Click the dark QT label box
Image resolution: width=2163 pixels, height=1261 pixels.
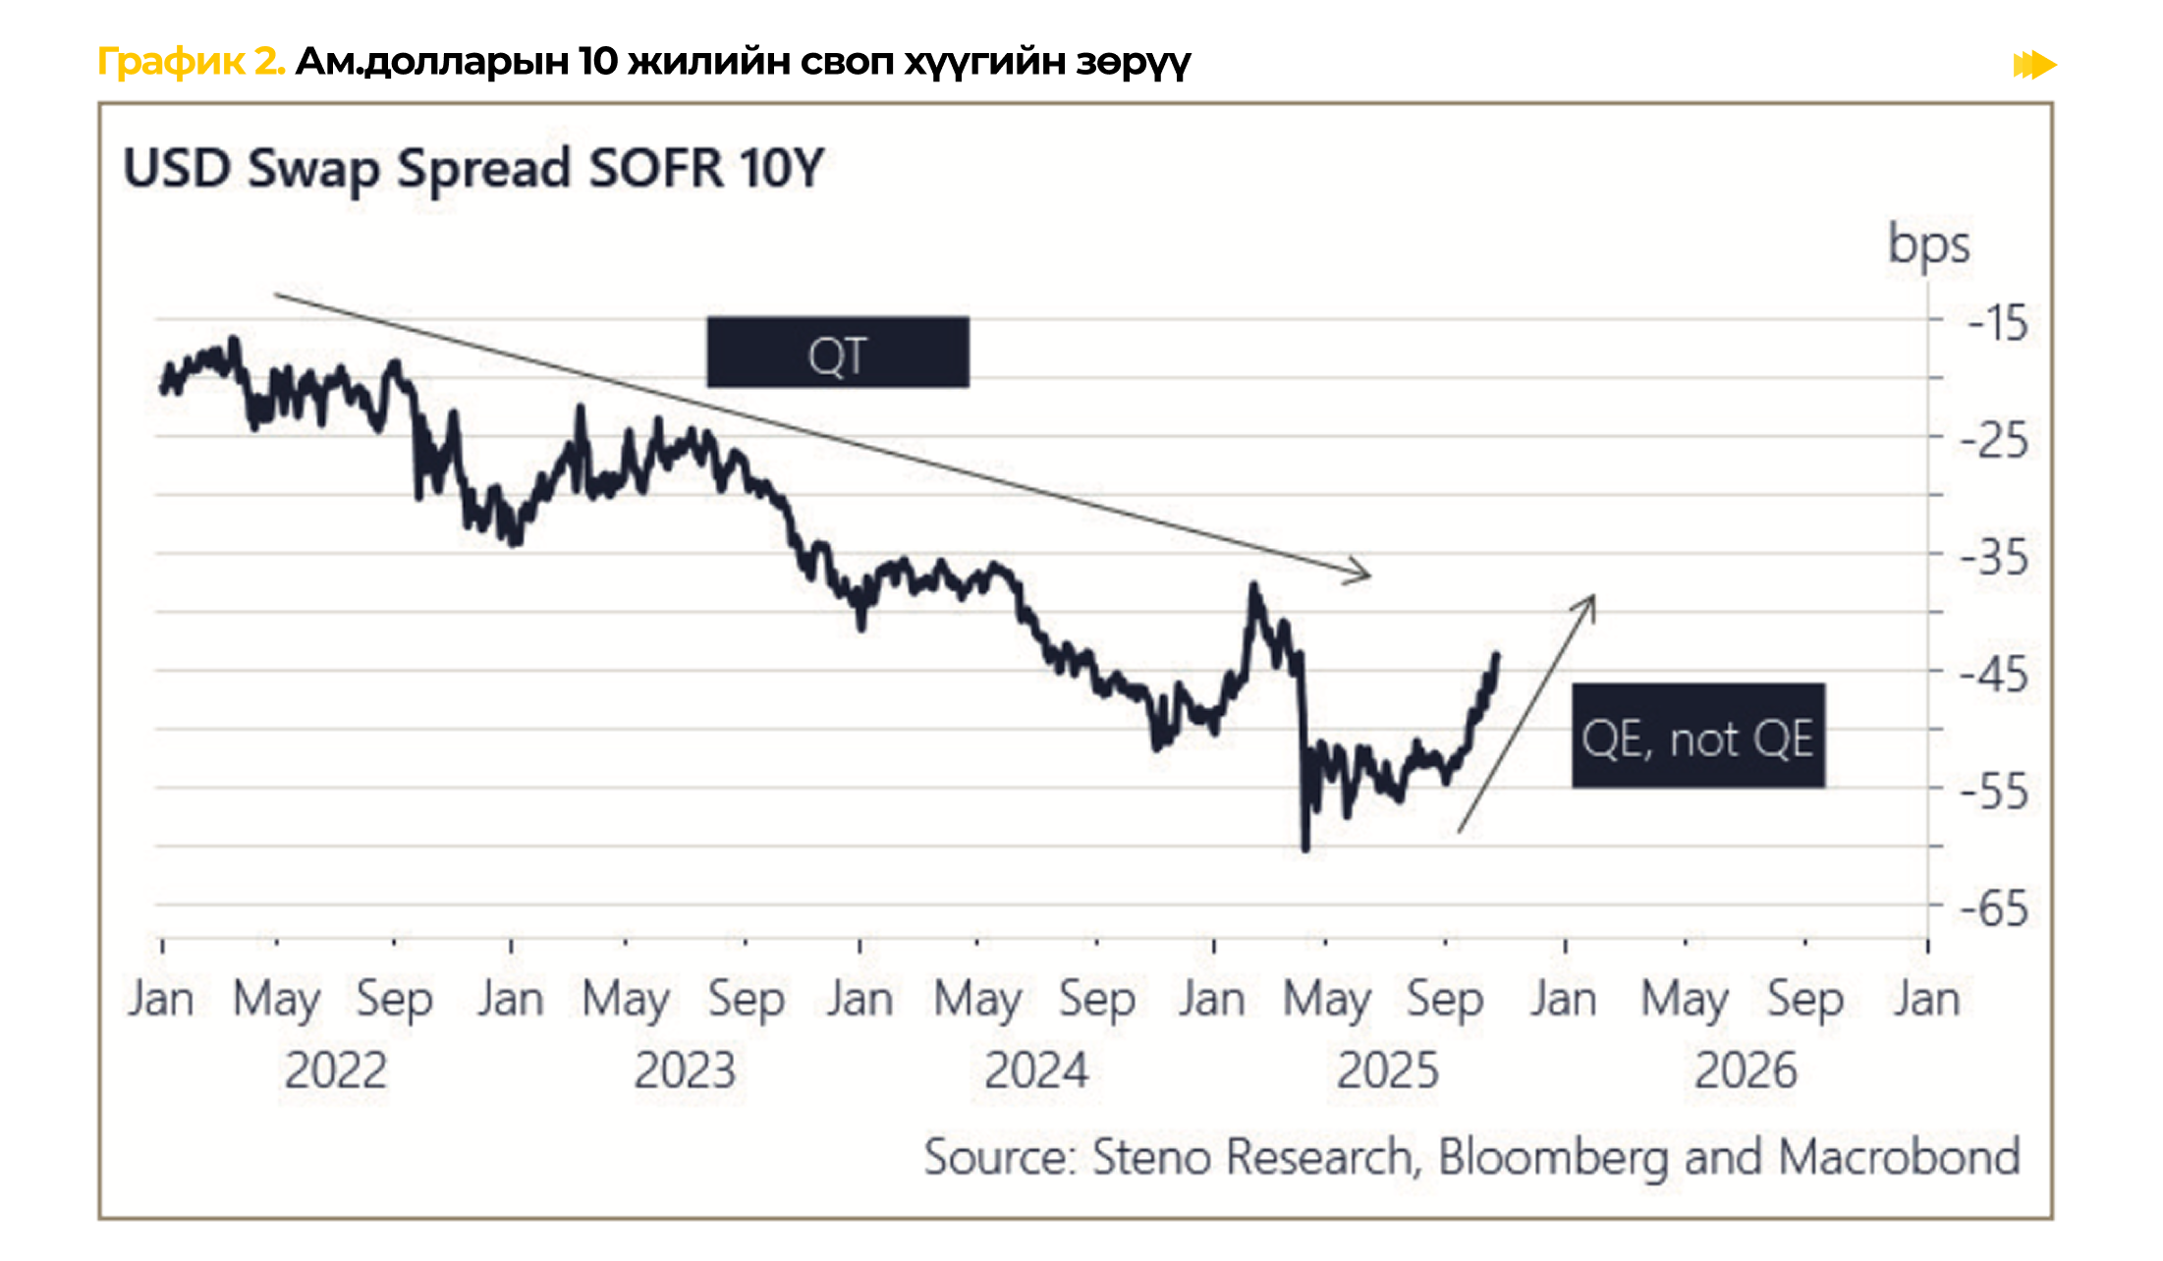coord(837,353)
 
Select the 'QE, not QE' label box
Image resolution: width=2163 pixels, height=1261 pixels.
coord(1697,736)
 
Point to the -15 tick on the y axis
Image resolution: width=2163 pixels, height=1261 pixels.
coord(1998,323)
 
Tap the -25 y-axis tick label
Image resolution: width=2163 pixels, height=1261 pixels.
coord(1994,440)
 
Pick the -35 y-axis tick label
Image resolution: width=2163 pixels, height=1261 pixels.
coord(1994,557)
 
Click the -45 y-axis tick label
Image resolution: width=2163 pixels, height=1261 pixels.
coord(1994,674)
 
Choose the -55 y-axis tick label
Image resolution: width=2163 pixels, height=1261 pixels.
coord(1994,791)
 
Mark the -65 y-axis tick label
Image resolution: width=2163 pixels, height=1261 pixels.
coord(1994,908)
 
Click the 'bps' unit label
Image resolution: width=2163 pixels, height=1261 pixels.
coord(1928,246)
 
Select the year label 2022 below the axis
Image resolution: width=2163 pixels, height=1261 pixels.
coord(335,1070)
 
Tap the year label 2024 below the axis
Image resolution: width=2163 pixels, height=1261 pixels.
coord(1036,1070)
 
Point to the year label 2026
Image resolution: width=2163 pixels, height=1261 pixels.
coord(1746,1070)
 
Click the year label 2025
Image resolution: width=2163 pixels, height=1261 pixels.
coord(1387,1070)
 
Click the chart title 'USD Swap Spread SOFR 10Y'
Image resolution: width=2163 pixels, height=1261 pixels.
coord(472,168)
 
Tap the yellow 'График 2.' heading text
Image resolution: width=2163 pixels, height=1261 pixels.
coord(191,62)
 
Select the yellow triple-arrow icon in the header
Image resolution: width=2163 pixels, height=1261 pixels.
coord(2034,65)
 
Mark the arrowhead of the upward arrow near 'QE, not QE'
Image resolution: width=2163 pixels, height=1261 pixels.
coord(1591,598)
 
